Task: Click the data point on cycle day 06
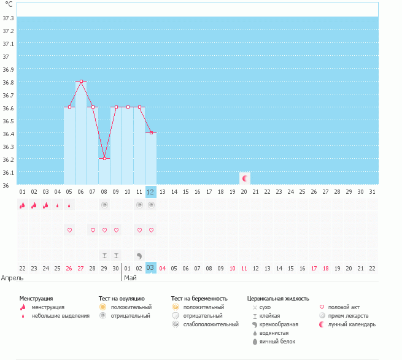point(81,81)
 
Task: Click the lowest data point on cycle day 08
point(104,158)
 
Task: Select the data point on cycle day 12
point(151,132)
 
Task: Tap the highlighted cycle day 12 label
point(151,192)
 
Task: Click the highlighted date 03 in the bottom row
point(151,268)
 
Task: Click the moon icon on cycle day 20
point(245,178)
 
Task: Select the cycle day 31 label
point(372,192)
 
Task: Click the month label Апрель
point(13,278)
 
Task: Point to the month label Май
point(130,278)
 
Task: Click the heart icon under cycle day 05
point(69,230)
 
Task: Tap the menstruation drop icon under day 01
point(22,205)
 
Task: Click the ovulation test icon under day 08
point(104,205)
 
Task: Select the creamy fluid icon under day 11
point(139,255)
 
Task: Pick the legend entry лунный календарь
point(352,324)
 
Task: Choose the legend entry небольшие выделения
point(60,316)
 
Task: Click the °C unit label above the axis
point(9,5)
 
